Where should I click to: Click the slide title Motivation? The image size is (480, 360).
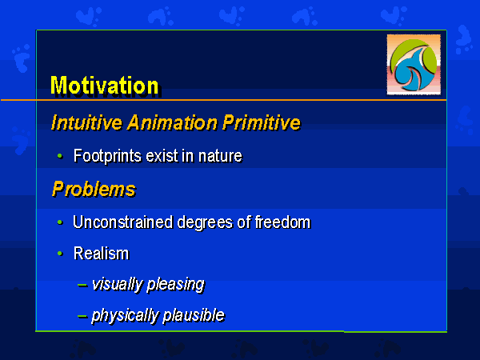pos(104,86)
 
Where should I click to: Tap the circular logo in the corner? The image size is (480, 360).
pos(414,65)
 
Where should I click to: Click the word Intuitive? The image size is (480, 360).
pos(86,122)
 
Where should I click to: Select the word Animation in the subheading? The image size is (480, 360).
pos(172,122)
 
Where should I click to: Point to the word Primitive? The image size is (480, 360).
pos(262,122)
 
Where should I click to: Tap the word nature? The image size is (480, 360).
pos(220,156)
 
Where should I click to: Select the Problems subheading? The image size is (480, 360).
pos(94,189)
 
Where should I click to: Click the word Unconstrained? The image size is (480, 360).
pos(122,222)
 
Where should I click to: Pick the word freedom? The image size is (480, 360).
pos(282,222)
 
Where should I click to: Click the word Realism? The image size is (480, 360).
pos(102,254)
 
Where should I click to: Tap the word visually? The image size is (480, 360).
pos(118,285)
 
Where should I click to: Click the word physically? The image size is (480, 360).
pos(125,316)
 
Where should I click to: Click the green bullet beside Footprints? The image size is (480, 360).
pos(60,157)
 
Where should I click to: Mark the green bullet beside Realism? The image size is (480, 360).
pos(60,254)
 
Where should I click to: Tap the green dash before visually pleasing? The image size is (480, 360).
pos(82,285)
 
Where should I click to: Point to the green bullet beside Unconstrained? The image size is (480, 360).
pos(60,222)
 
